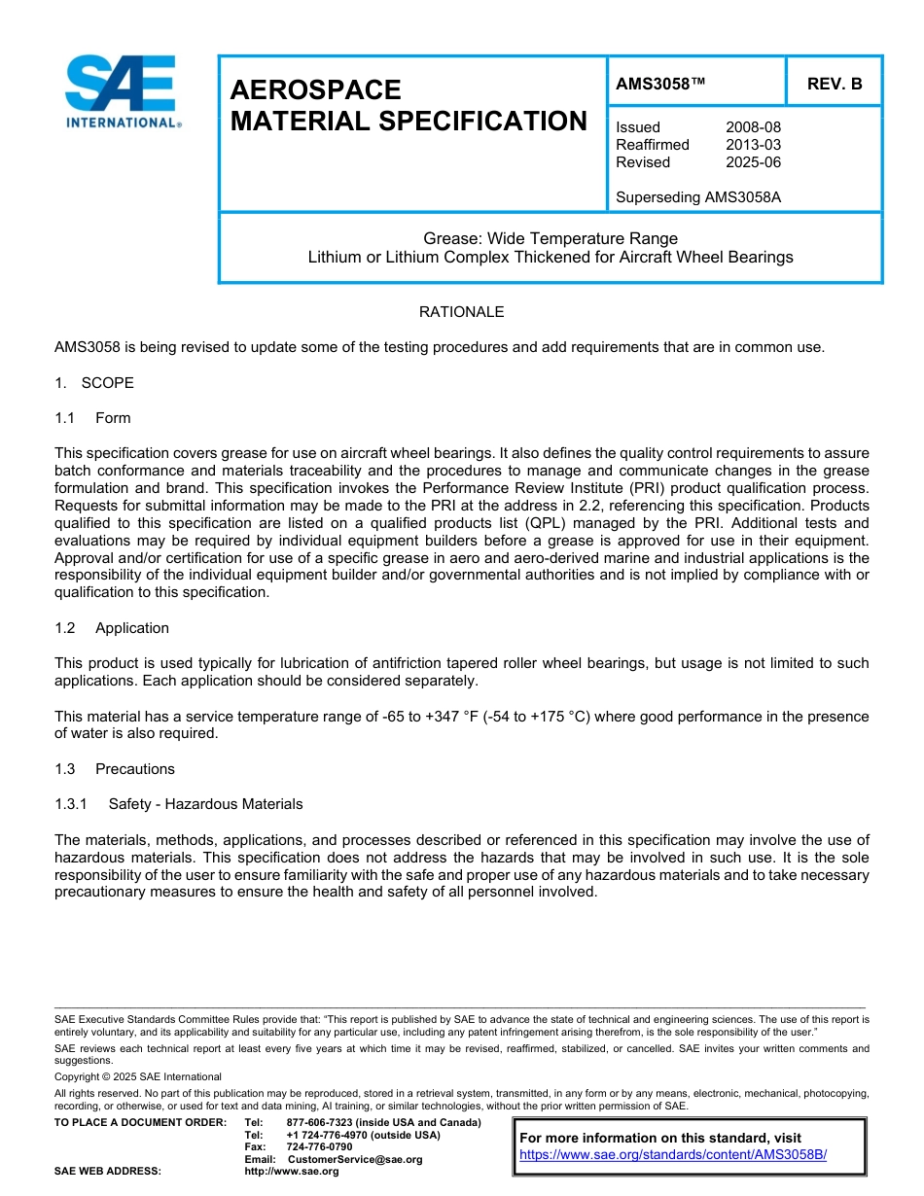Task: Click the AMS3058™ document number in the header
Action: (x=660, y=84)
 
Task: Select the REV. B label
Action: (x=835, y=84)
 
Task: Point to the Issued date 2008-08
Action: (x=753, y=127)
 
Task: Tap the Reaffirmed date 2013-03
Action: (x=753, y=145)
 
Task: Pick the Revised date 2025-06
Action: (x=753, y=162)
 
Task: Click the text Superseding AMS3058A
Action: (x=698, y=197)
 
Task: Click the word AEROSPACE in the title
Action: (x=315, y=89)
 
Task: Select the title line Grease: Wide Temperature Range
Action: (x=551, y=238)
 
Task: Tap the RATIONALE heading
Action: (x=461, y=312)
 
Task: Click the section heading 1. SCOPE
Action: (x=94, y=383)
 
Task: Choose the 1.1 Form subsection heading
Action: (x=93, y=418)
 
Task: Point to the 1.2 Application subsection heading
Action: (x=112, y=628)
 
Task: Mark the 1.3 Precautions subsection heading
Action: (x=115, y=769)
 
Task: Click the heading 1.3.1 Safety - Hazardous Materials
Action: (x=179, y=804)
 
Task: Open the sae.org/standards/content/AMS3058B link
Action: (x=672, y=1155)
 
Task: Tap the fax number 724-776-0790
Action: (x=319, y=1146)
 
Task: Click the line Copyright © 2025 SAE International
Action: (x=138, y=1076)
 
